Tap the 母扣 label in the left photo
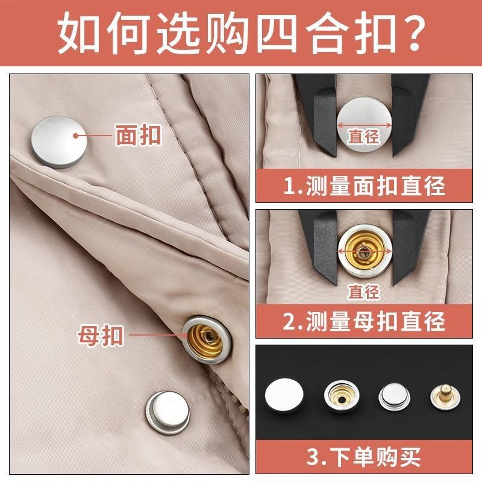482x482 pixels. [100, 334]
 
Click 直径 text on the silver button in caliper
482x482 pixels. [364, 137]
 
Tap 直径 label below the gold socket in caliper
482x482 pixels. [364, 292]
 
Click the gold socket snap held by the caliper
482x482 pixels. [364, 249]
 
